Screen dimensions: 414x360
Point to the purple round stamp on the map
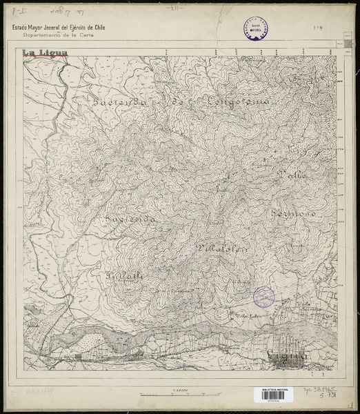[263, 297]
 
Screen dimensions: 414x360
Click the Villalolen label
[221, 247]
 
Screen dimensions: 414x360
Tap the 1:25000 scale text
[181, 390]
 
